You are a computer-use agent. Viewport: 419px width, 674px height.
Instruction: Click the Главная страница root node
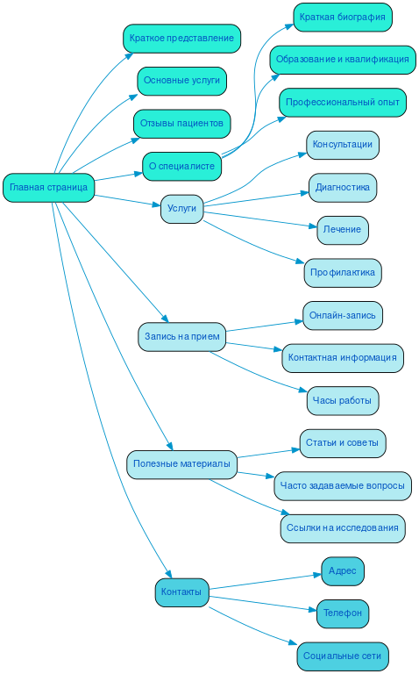click(x=48, y=188)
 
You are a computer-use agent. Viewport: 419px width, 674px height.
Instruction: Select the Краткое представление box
click(x=181, y=39)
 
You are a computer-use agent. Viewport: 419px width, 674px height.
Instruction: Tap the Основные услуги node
click(x=181, y=81)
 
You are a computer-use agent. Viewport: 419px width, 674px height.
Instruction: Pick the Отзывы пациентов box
click(x=181, y=124)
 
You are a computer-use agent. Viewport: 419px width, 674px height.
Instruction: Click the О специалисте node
click(x=181, y=166)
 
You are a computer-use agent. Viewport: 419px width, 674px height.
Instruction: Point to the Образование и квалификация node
click(x=342, y=60)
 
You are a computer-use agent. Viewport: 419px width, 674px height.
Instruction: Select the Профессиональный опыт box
click(x=342, y=103)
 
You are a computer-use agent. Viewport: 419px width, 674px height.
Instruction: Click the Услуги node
click(x=181, y=209)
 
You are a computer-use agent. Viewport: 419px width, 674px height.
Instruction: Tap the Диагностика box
click(x=342, y=188)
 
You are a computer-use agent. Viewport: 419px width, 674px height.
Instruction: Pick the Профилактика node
click(x=342, y=273)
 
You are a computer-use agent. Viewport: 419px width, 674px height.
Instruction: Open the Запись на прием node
click(x=181, y=336)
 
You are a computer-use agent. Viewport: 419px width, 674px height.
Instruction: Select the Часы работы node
click(x=342, y=400)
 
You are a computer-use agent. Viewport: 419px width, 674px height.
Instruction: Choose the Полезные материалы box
click(x=181, y=463)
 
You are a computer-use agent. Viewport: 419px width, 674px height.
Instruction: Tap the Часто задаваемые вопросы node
click(x=342, y=485)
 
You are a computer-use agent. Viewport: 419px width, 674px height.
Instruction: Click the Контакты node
click(x=181, y=592)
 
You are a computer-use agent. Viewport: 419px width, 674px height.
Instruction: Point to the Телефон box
click(x=342, y=613)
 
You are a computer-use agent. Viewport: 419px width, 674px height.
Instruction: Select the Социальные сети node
click(x=342, y=656)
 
